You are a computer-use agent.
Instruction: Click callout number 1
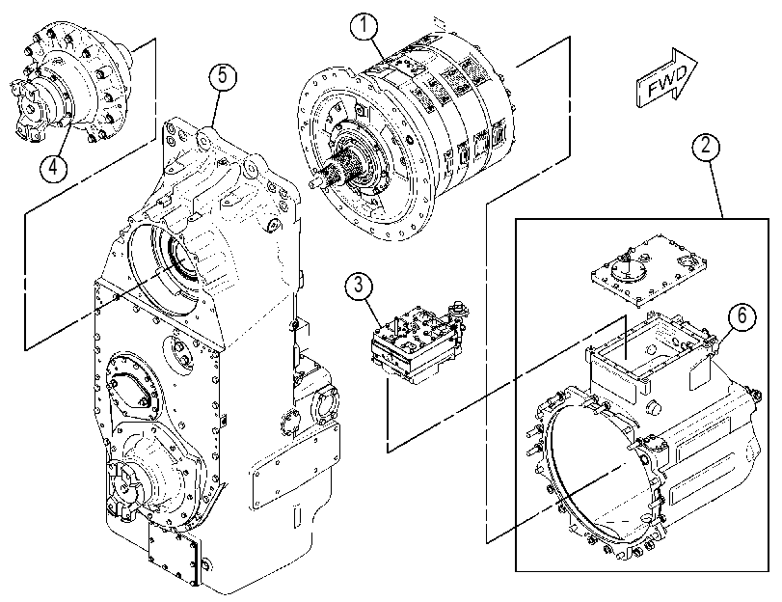(x=365, y=26)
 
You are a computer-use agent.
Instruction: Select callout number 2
(x=706, y=146)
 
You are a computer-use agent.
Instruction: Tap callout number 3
(x=358, y=287)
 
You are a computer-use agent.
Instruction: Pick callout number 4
(x=53, y=167)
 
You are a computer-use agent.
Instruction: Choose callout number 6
(x=742, y=315)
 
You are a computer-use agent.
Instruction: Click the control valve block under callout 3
(x=417, y=342)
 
